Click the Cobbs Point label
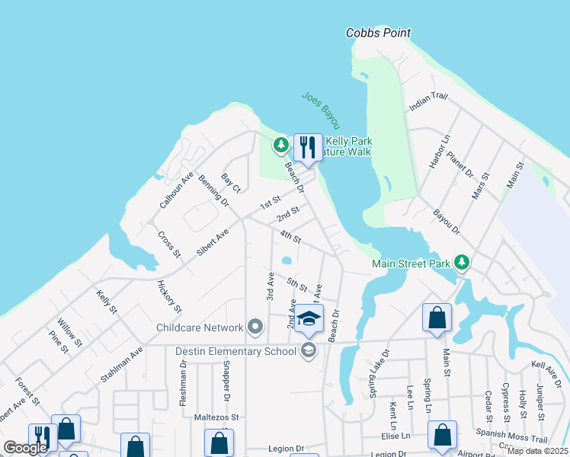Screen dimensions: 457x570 (378, 33)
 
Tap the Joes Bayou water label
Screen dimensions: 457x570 (320, 110)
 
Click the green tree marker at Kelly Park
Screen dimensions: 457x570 (281, 144)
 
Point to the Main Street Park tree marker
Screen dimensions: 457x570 (461, 263)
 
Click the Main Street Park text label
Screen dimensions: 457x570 (411, 264)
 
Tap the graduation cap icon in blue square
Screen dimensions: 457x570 (309, 320)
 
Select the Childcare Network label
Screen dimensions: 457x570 (200, 328)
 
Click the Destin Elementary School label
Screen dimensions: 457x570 (235, 351)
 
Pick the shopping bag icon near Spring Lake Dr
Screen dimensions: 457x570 (437, 318)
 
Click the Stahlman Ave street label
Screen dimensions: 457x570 (122, 365)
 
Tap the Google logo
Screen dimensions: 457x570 (26, 448)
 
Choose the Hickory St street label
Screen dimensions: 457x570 (169, 297)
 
